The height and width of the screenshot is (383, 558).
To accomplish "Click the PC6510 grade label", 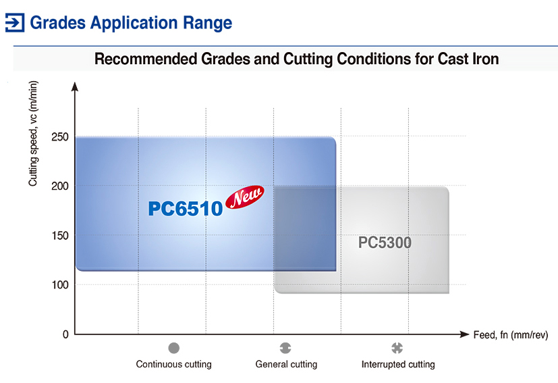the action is (x=186, y=209).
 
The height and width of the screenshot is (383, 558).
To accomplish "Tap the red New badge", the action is (x=245, y=197).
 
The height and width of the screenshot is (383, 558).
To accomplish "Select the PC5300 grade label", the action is (x=385, y=242).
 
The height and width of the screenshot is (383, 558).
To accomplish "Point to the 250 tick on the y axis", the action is (x=60, y=137).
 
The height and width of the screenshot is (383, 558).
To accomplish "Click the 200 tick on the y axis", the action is (x=60, y=186).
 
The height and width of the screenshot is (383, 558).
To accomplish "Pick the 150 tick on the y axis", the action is (x=60, y=236).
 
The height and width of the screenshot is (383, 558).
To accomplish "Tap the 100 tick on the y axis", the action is (x=60, y=285).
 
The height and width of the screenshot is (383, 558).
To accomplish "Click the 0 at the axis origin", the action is (x=65, y=334).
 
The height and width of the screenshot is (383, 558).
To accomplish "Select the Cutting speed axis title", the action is (x=33, y=134).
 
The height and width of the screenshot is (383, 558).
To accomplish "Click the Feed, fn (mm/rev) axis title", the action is (x=511, y=335).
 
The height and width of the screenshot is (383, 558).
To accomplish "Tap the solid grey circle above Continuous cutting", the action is (x=173, y=348).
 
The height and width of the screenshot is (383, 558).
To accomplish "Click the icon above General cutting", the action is (x=285, y=348).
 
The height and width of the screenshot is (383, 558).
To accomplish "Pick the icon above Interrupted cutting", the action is (x=397, y=348).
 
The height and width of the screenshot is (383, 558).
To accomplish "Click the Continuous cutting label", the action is (x=173, y=365).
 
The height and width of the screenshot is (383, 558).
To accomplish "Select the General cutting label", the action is (x=286, y=365).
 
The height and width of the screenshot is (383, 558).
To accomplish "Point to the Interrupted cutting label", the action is (x=398, y=365).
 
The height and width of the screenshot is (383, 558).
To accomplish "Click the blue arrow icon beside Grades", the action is (x=15, y=23).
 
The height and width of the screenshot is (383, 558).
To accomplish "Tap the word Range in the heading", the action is (x=207, y=23).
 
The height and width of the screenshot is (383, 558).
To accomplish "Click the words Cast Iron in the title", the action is (x=468, y=59).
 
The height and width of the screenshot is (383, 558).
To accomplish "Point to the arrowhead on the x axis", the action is (x=464, y=334).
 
